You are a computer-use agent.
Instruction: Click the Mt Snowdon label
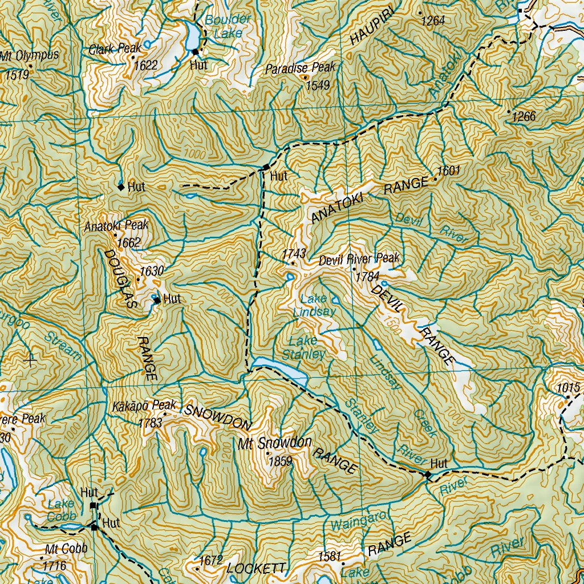(x=275, y=443)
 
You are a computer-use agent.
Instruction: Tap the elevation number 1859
(x=279, y=461)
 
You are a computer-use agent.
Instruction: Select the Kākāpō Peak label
(x=144, y=406)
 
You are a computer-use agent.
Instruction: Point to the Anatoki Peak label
(x=116, y=226)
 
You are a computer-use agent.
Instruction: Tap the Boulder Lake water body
(x=192, y=36)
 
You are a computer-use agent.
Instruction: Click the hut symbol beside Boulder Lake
(x=195, y=52)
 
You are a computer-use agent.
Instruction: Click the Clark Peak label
(x=115, y=49)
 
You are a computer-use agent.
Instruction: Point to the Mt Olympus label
(x=29, y=56)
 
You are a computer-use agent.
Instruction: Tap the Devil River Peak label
(x=359, y=259)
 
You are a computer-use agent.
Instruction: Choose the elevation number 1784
(x=367, y=277)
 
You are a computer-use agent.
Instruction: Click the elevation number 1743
(x=294, y=253)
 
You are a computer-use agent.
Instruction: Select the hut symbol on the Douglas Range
(x=157, y=299)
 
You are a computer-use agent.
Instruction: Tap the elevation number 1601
(x=448, y=170)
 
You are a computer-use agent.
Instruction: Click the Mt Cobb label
(x=66, y=549)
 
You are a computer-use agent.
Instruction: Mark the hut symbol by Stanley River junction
(x=428, y=474)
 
